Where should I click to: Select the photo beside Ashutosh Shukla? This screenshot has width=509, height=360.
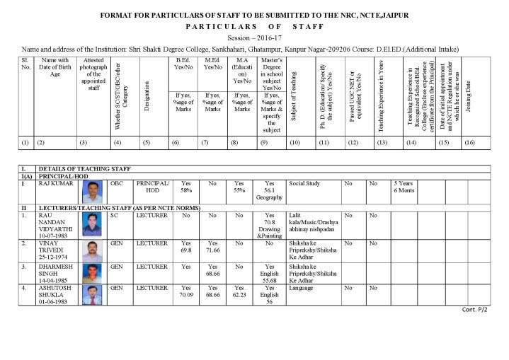click(x=91, y=294)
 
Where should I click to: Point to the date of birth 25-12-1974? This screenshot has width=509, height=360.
click(x=55, y=257)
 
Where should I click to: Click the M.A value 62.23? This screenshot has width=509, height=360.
click(x=241, y=295)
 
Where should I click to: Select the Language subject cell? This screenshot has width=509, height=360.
click(x=302, y=288)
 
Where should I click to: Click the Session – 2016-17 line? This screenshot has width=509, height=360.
click(x=254, y=37)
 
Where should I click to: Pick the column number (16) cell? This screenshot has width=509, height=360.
click(x=469, y=143)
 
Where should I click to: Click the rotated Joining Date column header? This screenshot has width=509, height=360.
click(x=468, y=99)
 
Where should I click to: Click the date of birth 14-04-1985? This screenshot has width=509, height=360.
click(x=55, y=279)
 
